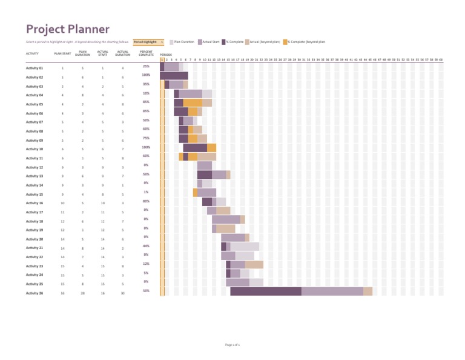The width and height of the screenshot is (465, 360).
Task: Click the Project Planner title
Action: coord(67,29)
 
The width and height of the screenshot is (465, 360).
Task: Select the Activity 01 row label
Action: coord(35,68)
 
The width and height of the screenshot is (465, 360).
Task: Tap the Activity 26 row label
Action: coord(35,293)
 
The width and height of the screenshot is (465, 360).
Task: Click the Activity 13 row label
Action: coord(35,176)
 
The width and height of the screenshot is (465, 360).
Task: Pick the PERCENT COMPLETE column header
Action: coord(146,53)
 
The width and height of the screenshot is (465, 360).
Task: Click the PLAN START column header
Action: coord(62,54)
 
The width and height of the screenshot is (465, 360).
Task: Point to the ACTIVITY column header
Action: coord(33,54)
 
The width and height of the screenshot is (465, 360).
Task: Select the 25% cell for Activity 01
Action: coord(146,66)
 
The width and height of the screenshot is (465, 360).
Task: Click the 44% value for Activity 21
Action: coord(146,246)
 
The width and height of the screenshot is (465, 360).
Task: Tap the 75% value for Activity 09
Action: coord(146,138)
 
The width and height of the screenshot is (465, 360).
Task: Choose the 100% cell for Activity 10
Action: coord(146,147)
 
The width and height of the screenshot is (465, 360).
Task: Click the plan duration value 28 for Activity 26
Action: coord(82,293)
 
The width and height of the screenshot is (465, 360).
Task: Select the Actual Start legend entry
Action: coord(208,42)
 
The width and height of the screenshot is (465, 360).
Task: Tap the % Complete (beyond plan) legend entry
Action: coord(305,42)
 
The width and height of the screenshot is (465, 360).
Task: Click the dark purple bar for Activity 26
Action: coord(266,292)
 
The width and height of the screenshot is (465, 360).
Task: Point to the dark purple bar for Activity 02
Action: coord(174,76)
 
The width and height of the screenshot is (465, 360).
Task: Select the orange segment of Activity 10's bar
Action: coord(211,148)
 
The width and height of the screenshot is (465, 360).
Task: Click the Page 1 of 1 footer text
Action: coord(232,344)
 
